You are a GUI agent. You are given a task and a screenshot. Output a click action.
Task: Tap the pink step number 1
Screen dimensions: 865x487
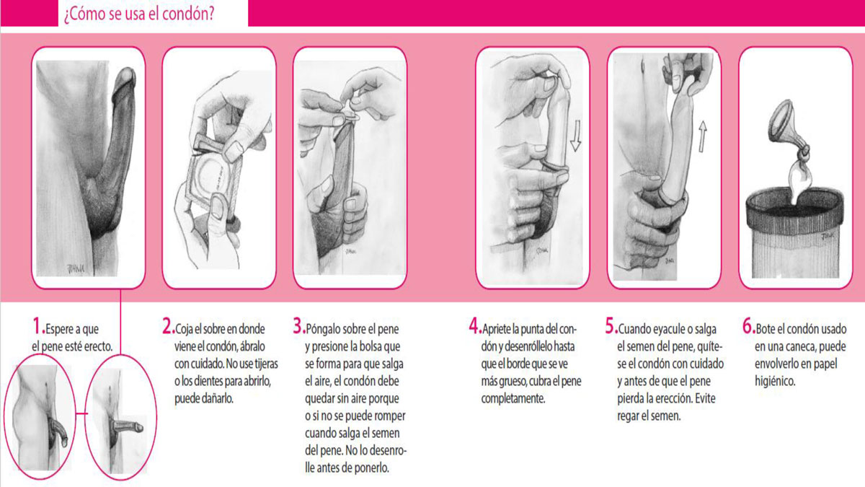(x=38, y=325)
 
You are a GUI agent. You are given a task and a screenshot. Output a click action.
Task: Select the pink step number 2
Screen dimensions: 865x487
(x=168, y=326)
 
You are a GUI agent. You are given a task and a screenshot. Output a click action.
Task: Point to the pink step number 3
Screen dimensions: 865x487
(x=299, y=326)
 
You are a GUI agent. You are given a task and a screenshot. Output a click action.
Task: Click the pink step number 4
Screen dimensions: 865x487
(x=474, y=326)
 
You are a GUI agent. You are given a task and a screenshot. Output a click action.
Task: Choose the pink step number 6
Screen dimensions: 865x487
(x=748, y=326)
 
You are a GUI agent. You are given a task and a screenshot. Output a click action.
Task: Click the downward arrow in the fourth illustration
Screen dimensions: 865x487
(x=576, y=136)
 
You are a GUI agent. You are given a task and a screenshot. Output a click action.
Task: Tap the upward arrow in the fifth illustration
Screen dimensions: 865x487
(x=702, y=136)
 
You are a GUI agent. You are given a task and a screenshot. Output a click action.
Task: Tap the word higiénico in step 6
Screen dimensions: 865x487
(x=775, y=382)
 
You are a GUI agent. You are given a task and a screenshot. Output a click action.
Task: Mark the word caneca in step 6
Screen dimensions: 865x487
(x=798, y=347)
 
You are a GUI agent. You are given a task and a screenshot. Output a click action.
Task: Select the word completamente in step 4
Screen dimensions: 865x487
(x=513, y=399)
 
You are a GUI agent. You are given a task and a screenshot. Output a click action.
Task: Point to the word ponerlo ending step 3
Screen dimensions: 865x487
(x=370, y=468)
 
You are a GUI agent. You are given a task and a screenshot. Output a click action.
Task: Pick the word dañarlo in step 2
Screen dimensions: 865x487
(x=217, y=398)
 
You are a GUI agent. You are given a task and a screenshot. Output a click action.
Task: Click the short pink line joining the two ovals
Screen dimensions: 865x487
(x=81, y=413)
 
